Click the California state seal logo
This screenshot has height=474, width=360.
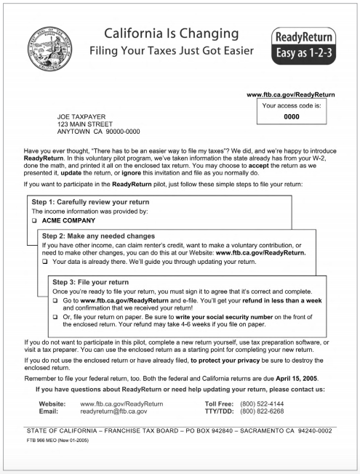coord(46,51)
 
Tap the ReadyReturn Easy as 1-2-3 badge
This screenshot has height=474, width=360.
coord(303,45)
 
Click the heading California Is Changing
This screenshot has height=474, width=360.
coord(172,34)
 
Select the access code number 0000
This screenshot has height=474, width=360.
coord(291,116)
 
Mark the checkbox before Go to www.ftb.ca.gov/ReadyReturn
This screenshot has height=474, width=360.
coord(57,300)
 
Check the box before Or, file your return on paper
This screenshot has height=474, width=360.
coord(57,318)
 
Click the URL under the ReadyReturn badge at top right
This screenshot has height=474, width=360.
coord(291,95)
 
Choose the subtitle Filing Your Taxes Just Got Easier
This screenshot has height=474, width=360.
coord(172,52)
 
